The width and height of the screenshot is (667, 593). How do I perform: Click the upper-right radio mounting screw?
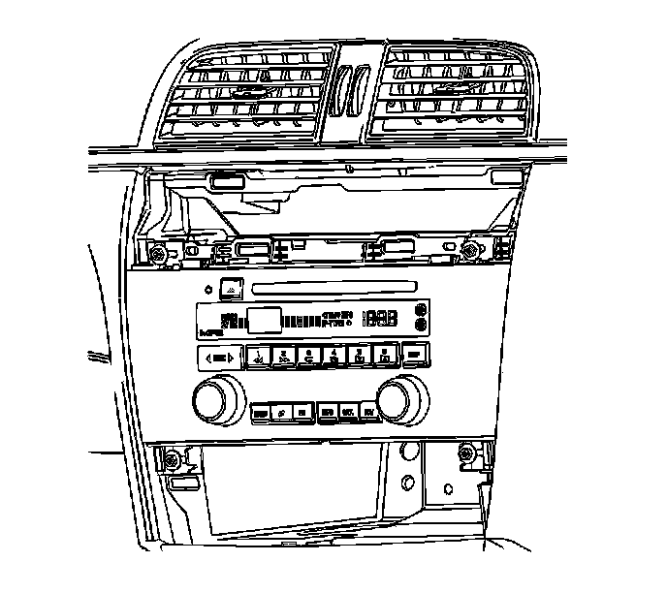[x=470, y=251]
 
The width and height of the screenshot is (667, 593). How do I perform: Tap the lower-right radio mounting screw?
[x=466, y=453]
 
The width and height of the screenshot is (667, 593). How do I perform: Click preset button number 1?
[x=259, y=356]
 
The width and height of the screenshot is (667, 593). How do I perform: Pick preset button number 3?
[x=309, y=356]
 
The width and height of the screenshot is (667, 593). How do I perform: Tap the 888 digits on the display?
[x=380, y=318]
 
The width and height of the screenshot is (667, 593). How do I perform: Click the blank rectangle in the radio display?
[x=264, y=319]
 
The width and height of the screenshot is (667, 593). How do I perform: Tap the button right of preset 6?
[x=415, y=355]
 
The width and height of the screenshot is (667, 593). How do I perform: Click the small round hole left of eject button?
[x=207, y=290]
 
